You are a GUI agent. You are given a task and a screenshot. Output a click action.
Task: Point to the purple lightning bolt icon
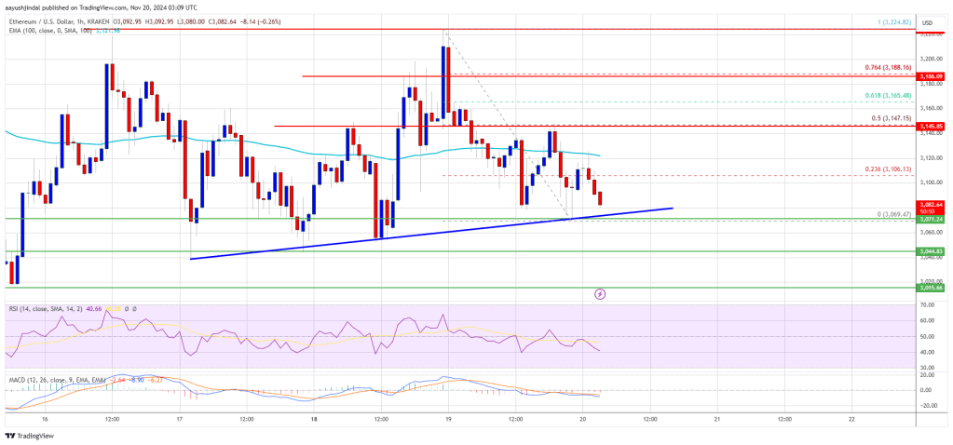click(x=600, y=293)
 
